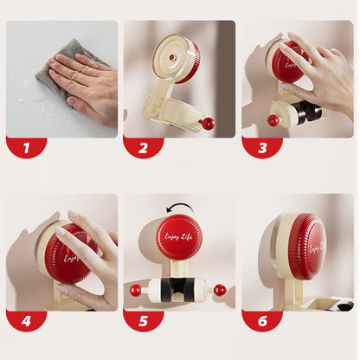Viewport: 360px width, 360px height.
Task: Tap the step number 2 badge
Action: (x=144, y=147)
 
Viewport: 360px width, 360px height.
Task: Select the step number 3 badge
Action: (x=261, y=147)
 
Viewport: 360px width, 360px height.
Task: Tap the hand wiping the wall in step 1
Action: (x=82, y=82)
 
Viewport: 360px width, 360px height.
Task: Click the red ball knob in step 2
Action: (x=208, y=124)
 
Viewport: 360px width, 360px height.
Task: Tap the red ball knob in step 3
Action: (x=273, y=119)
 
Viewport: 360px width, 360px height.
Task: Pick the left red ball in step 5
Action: (x=136, y=290)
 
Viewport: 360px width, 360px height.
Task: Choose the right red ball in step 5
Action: (x=220, y=290)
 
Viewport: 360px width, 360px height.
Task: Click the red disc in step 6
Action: (x=309, y=247)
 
